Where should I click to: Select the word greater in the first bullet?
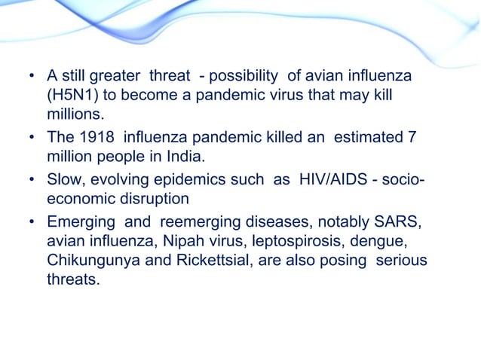(x=120, y=78)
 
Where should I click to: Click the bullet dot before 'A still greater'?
(x=31, y=78)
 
